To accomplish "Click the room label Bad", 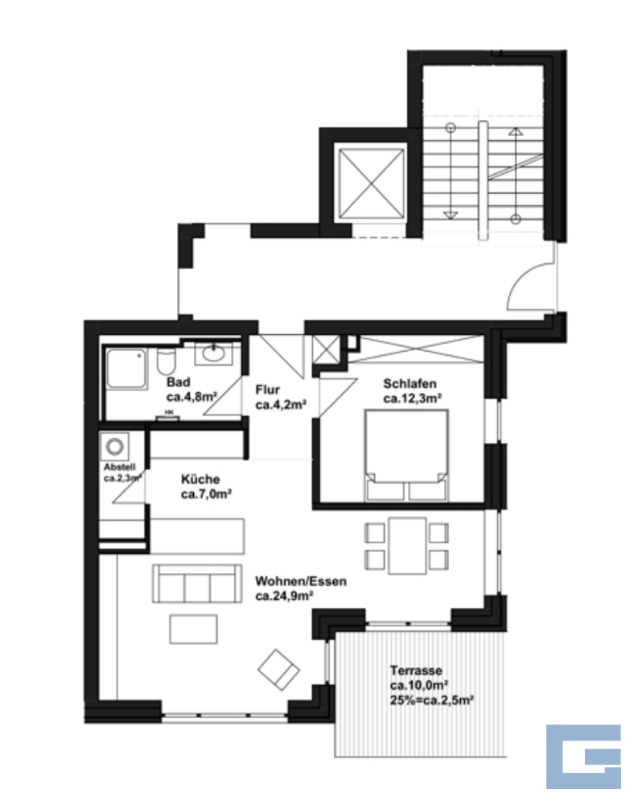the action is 178,382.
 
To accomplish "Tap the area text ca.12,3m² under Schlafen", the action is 413,398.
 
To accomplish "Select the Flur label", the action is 267,390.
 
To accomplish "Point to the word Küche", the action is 200,479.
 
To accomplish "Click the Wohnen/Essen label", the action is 301,581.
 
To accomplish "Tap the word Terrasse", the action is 416,671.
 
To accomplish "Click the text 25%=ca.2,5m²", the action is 431,700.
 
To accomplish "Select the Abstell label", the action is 120,467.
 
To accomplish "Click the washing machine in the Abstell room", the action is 114,446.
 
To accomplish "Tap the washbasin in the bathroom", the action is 213,353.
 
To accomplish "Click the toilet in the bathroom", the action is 166,361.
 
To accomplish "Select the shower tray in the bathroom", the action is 126,369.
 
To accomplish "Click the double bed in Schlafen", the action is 406,455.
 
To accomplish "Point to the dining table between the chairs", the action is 407,546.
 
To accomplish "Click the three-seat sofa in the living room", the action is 197,583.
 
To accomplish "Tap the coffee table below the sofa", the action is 193,629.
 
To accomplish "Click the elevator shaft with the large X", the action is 369,184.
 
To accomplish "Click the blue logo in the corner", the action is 583,756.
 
